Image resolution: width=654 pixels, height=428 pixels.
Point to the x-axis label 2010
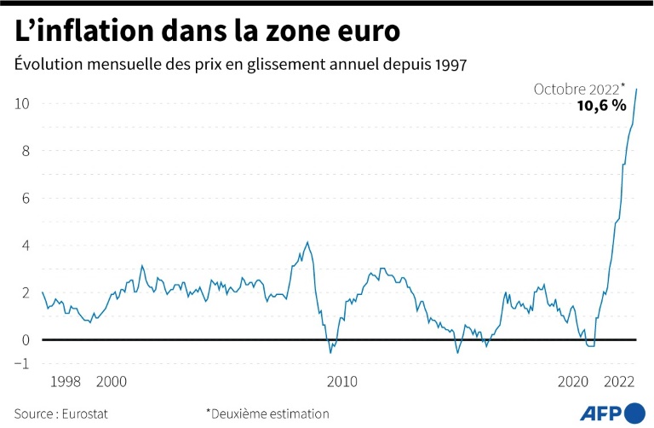point(342,382)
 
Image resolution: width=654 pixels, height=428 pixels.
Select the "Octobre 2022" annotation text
point(577,89)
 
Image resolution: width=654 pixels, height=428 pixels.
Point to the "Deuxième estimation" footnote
point(269,414)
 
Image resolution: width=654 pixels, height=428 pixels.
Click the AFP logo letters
point(601,413)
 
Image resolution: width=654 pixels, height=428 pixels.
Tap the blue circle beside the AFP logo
point(634,413)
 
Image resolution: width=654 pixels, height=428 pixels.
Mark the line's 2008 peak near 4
point(307,242)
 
